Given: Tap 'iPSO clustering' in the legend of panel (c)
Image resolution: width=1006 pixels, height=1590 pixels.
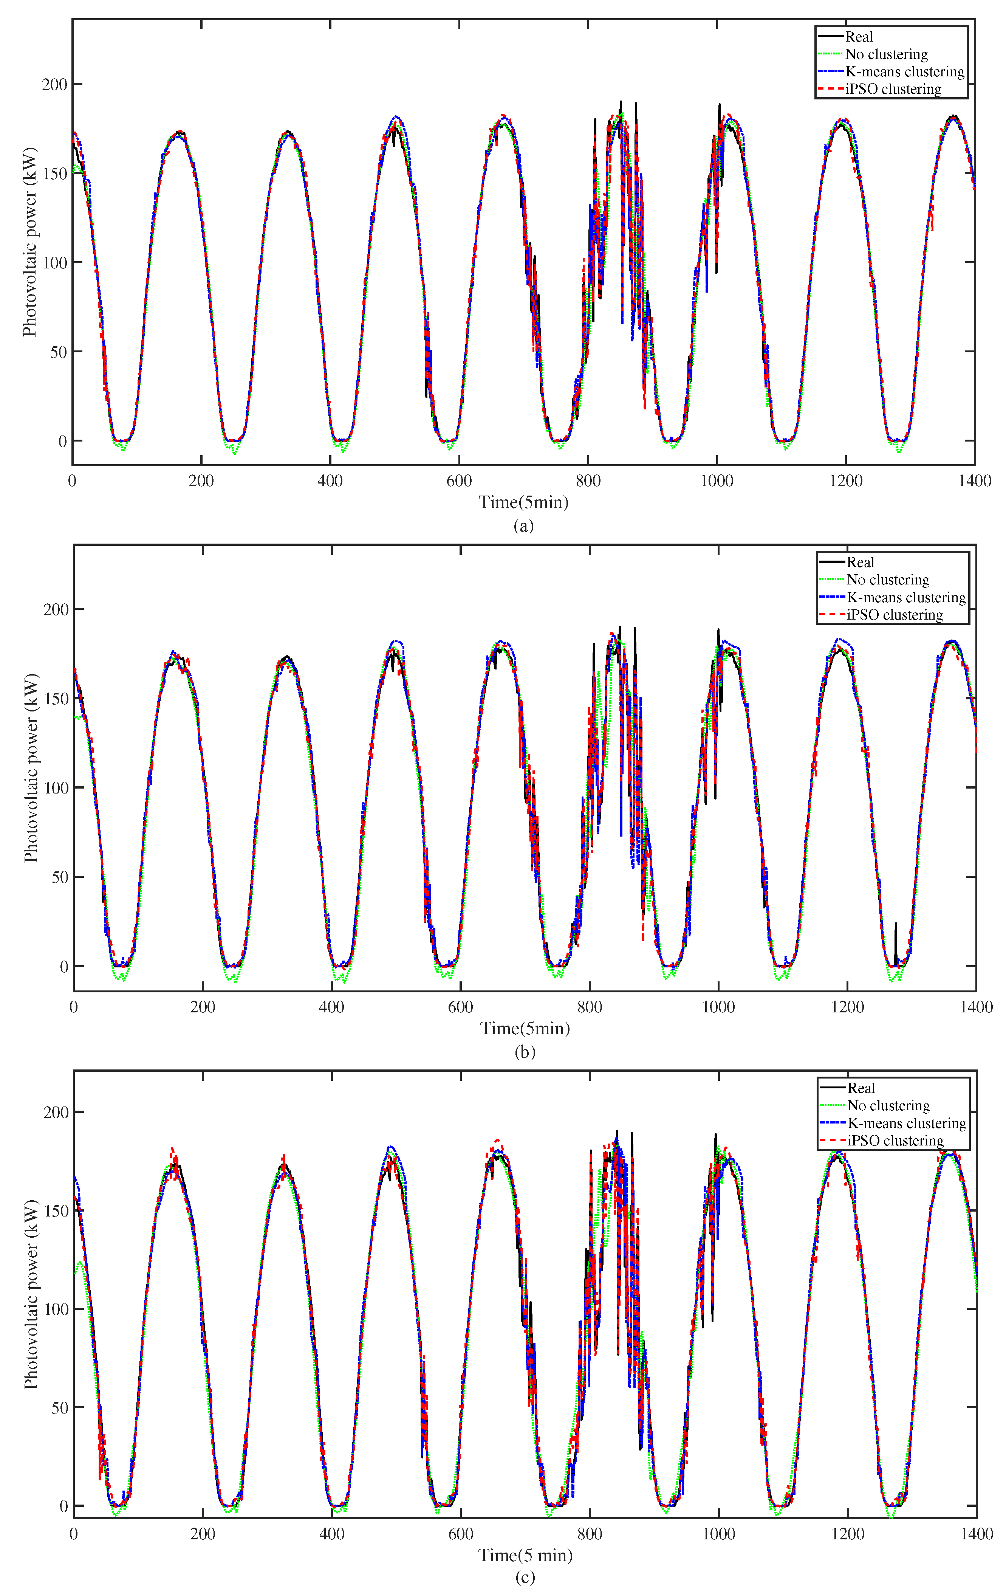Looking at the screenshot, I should [895, 1141].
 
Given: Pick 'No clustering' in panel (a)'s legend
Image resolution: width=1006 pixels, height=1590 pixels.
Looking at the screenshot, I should [886, 54].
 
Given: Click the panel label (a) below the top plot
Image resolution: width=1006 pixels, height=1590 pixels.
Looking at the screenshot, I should [523, 525].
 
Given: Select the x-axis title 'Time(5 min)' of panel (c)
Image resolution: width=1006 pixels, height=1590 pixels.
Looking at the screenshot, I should [525, 1555].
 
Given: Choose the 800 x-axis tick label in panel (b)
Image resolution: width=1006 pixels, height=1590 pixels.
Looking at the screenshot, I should [590, 1007].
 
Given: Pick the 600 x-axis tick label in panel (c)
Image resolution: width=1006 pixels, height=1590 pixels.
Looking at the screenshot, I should [461, 1533].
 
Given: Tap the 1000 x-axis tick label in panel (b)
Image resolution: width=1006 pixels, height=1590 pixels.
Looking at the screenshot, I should [718, 1007].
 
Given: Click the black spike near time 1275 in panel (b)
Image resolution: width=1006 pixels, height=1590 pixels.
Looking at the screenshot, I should [896, 932].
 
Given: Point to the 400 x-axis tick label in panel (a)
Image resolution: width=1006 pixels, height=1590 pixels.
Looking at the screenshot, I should [330, 481].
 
